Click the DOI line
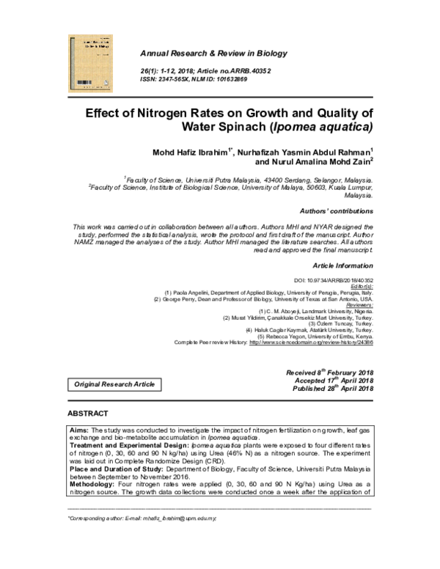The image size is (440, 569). click(x=333, y=280)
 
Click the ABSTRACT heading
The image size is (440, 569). click(x=88, y=414)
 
